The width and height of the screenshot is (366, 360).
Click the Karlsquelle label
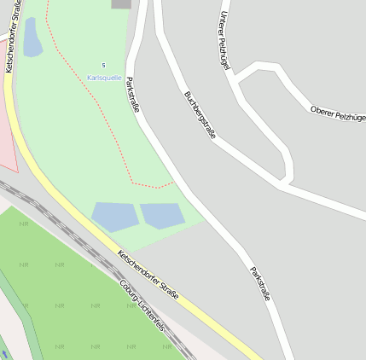pyautogui.click(x=104, y=78)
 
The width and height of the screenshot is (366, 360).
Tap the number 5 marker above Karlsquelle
pyautogui.click(x=104, y=66)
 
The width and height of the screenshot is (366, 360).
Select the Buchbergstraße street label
pyautogui.click(x=200, y=115)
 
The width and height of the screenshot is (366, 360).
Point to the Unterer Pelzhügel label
pyautogui.click(x=225, y=40)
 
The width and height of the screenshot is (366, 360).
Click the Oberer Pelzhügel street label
pyautogui.click(x=338, y=113)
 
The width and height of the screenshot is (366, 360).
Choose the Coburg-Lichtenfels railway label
pyautogui.click(x=142, y=305)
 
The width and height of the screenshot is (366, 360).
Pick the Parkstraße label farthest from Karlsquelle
pyautogui.click(x=259, y=284)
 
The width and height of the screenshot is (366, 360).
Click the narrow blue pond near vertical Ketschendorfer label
pyautogui.click(x=32, y=38)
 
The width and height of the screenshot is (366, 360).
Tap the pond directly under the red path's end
pyautogui.click(x=162, y=216)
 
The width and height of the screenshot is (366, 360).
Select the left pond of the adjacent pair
pyautogui.click(x=115, y=217)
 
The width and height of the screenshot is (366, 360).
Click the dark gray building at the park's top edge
pyautogui.click(x=121, y=3)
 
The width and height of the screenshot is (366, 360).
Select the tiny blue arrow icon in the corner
pyautogui.click(x=3, y=354)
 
